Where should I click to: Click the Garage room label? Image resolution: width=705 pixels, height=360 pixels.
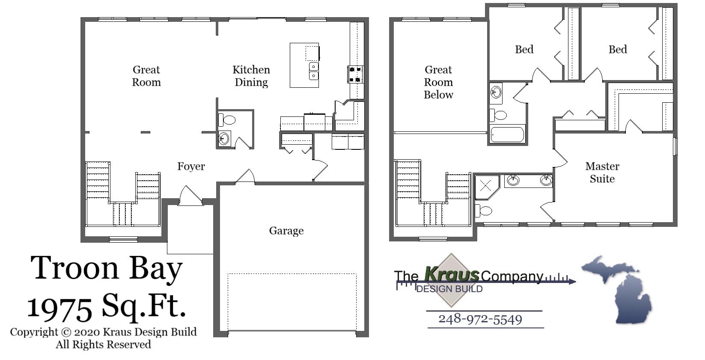click(x=286, y=231)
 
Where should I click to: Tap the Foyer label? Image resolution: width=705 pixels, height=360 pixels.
click(x=191, y=166)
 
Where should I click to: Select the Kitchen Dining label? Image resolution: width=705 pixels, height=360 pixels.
click(x=251, y=76)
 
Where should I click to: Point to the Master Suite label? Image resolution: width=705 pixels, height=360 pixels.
click(x=602, y=173)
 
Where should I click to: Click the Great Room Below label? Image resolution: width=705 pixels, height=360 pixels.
click(x=438, y=82)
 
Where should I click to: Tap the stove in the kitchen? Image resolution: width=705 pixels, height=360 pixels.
click(x=355, y=74)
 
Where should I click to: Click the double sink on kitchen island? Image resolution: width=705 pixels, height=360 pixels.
click(x=314, y=71)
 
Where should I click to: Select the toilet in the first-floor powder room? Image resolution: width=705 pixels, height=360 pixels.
click(x=229, y=119)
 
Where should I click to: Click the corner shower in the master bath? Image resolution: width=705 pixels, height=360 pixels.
click(x=486, y=186)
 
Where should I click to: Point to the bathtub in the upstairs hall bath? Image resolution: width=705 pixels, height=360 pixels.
click(x=507, y=134)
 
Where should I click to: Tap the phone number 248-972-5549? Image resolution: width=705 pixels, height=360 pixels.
click(x=480, y=319)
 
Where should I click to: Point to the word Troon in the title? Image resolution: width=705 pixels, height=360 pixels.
click(x=74, y=268)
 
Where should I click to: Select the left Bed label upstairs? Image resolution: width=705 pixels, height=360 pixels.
click(x=524, y=50)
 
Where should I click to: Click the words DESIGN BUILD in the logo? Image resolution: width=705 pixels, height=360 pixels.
click(x=449, y=289)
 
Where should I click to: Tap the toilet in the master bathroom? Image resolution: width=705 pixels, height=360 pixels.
click(x=484, y=210)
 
